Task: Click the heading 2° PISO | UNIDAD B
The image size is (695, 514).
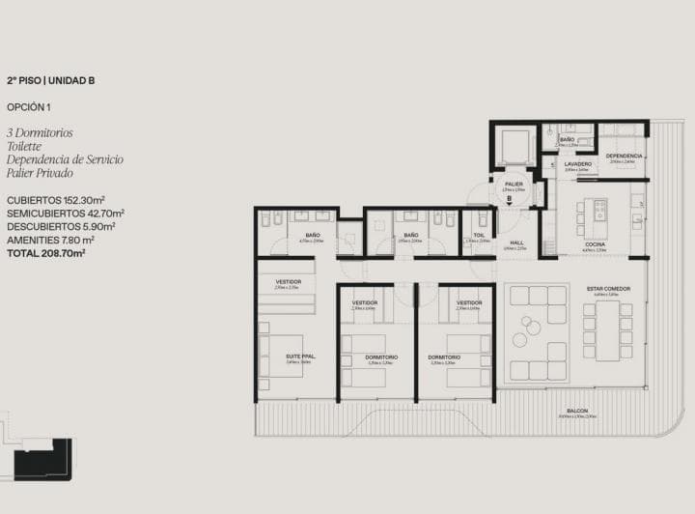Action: click(50, 82)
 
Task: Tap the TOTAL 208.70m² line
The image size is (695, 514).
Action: click(46, 252)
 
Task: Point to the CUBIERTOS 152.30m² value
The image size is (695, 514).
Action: click(55, 199)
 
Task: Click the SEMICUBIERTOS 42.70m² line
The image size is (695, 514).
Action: click(65, 213)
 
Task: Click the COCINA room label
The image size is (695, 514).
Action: click(595, 244)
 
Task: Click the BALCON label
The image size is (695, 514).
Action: click(577, 412)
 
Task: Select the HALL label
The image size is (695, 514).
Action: click(515, 243)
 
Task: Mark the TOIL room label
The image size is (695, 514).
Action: click(477, 234)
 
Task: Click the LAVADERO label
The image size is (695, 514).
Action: click(577, 164)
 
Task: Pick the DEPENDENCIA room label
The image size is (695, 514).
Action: click(625, 156)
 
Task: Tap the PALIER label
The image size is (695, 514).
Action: click(514, 184)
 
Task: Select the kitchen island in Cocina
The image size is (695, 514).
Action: click(599, 210)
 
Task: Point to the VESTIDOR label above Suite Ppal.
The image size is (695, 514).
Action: click(288, 281)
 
